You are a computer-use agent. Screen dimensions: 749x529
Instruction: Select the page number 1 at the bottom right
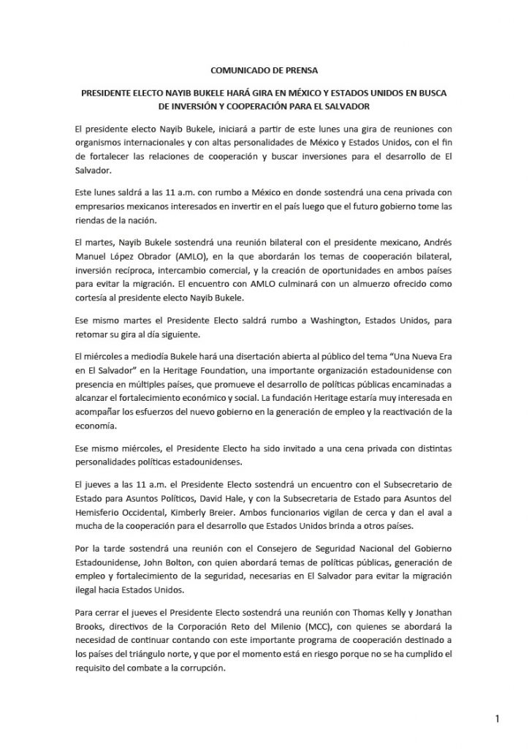pyautogui.click(x=498, y=719)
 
